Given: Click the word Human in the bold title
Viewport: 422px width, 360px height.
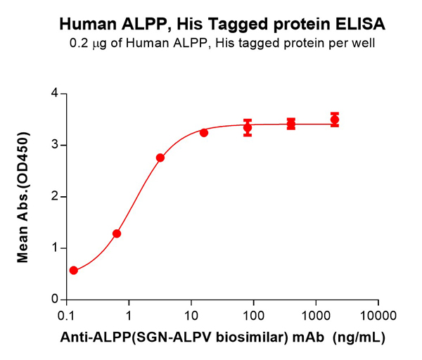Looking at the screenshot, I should [x=86, y=25].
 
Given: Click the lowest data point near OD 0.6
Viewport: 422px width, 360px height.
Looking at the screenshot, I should [x=74, y=270].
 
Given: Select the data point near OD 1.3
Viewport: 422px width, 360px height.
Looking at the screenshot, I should [x=117, y=233].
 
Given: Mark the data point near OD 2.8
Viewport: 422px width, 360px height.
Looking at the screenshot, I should [x=160, y=157].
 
